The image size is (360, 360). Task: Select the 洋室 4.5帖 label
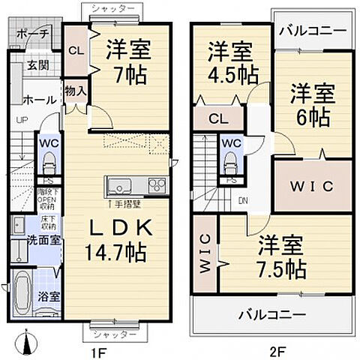pyautogui.click(x=230, y=63)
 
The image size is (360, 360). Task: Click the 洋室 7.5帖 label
pyautogui.click(x=282, y=256)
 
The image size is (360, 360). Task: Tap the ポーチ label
pyautogui.click(x=31, y=34)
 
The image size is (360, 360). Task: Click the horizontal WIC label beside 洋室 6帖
pyautogui.click(x=311, y=187)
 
